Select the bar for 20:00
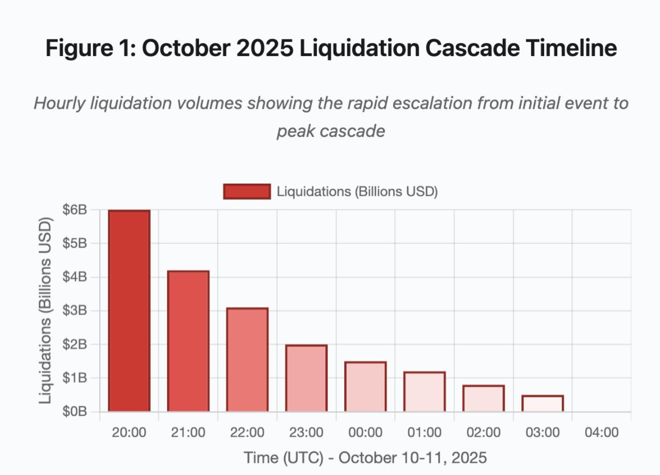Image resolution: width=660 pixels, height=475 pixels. click(x=129, y=311)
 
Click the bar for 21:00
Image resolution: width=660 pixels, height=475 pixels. click(x=188, y=341)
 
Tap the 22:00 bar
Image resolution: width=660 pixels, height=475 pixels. click(x=247, y=360)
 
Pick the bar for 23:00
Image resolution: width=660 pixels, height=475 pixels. click(x=306, y=378)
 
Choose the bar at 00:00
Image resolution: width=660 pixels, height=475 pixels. click(x=365, y=387)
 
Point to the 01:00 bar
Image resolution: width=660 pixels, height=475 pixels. click(x=425, y=392)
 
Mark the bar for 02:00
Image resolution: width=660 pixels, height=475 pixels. click(x=484, y=399)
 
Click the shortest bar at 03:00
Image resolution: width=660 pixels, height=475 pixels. click(x=543, y=404)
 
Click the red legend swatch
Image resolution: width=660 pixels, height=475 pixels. click(x=247, y=192)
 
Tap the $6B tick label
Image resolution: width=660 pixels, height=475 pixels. click(x=74, y=209)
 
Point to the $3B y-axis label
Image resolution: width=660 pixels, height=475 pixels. click(x=74, y=311)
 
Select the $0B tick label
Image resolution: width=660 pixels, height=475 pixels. click(x=74, y=412)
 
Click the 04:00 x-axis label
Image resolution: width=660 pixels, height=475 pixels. click(x=601, y=433)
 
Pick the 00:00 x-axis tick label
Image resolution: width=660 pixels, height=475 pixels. click(x=365, y=433)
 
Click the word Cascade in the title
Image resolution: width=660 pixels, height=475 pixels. click(x=472, y=48)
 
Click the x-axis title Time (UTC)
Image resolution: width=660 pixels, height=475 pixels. click(x=283, y=458)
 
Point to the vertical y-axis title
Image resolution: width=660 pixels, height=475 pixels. click(x=46, y=311)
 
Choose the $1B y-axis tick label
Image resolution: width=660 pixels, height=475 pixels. click(x=74, y=378)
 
